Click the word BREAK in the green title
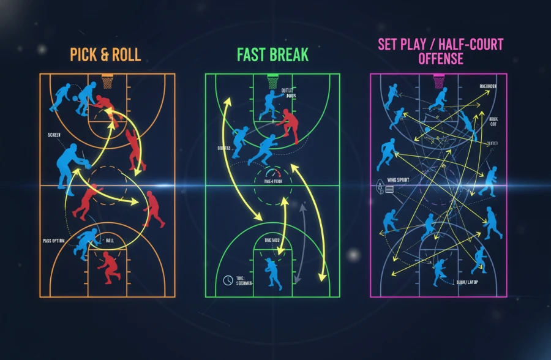click(288, 55)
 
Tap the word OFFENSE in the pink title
click(440, 59)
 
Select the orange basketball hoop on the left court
click(108, 80)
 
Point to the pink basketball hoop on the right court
click(439, 80)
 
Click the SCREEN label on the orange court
click(54, 134)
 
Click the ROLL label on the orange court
click(110, 241)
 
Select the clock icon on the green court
click(228, 280)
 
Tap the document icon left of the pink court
click(389, 190)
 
